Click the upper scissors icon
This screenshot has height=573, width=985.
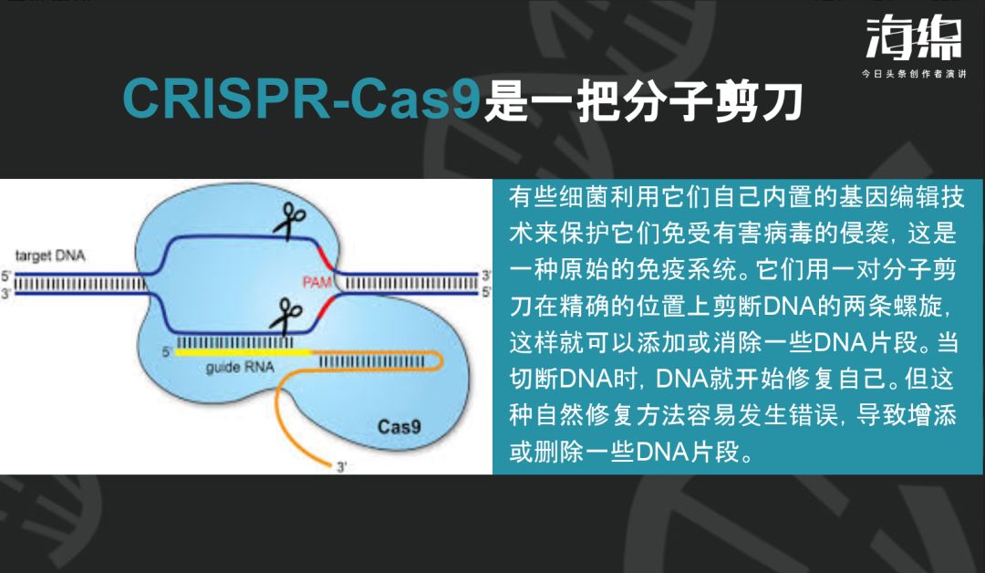[x=289, y=221]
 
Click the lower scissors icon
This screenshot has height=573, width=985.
[x=286, y=316]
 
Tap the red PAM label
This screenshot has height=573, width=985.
[x=317, y=282]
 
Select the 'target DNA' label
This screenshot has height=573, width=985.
[x=49, y=255]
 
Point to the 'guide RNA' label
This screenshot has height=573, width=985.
[x=240, y=367]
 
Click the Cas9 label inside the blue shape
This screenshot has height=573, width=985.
[x=399, y=427]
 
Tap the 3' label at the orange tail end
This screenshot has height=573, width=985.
[x=341, y=467]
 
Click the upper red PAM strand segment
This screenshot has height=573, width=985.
[x=326, y=258]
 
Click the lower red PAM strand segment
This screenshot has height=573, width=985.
[x=326, y=307]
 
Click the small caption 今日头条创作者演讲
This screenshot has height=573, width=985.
[x=913, y=74]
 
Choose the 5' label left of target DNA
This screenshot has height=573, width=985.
[x=5, y=276]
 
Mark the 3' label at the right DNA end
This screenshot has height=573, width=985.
[x=486, y=276]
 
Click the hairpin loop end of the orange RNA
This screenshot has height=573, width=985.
[x=440, y=360]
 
